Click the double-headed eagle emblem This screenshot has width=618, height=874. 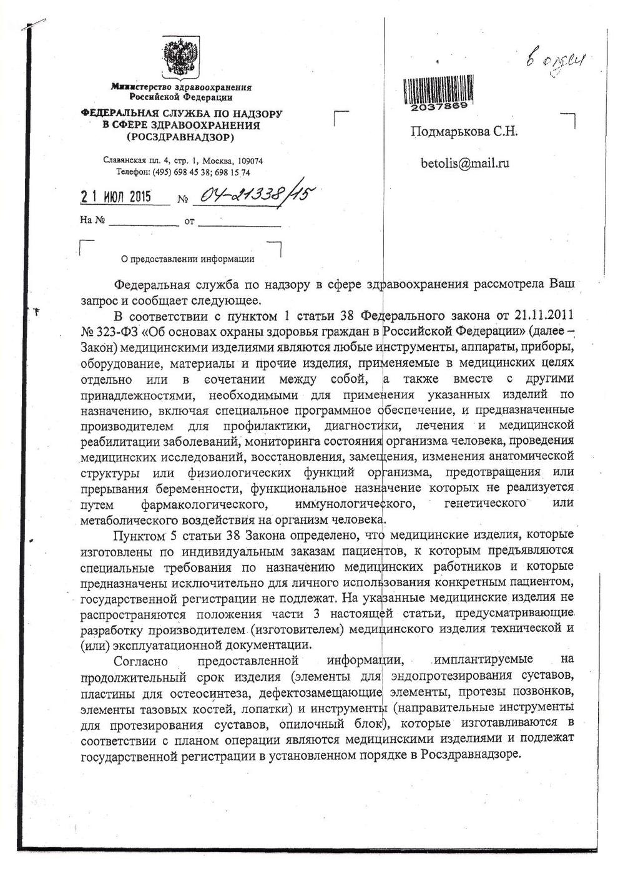180,58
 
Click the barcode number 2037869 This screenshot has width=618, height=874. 439,107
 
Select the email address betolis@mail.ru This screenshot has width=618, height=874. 465,164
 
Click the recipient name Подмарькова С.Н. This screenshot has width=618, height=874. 464,132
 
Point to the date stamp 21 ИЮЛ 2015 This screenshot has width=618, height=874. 116,197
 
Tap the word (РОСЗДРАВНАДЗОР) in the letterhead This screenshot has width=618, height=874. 180,136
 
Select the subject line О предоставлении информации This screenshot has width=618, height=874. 187,259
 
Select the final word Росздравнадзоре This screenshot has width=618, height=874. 471,754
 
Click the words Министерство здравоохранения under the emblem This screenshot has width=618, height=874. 181,88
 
